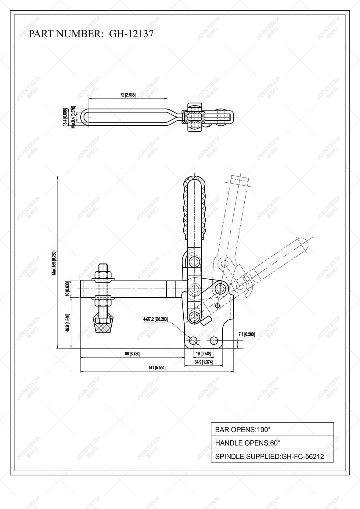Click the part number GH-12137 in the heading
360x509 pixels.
pos(131,34)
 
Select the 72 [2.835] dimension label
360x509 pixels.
pos(128,95)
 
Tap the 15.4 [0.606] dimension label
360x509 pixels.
pos(65,117)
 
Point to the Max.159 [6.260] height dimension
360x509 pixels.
pos(54,263)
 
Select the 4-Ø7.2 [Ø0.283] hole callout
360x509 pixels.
pos(155,319)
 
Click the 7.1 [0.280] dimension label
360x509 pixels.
pos(246,335)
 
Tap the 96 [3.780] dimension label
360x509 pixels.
pos(132,354)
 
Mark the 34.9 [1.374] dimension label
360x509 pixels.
pos(203,362)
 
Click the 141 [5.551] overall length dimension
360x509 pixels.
pos(157,368)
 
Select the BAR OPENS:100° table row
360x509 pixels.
pos(272,429)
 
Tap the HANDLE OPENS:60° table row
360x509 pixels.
pos(272,443)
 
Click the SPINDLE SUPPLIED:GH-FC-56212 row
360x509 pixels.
pos(272,457)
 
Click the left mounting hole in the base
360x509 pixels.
pos(193,340)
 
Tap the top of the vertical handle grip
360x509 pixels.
pos(194,180)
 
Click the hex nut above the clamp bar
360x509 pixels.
pos(104,274)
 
